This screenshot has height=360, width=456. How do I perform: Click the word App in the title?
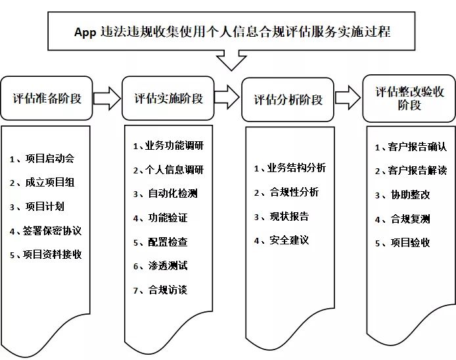tap(85, 32)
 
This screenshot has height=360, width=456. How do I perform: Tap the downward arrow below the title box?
tap(231, 60)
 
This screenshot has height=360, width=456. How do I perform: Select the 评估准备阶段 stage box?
tap(47, 99)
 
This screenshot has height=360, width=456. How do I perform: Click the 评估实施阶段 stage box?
tap(168, 99)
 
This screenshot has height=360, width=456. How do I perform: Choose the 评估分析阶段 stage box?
tap(288, 99)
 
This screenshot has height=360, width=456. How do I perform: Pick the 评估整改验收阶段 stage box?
tap(409, 99)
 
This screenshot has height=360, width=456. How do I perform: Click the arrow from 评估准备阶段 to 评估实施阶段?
tap(107, 99)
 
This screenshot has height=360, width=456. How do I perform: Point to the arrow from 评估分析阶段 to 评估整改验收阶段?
tap(348, 97)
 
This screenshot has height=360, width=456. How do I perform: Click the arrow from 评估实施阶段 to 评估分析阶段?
tap(227, 97)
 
